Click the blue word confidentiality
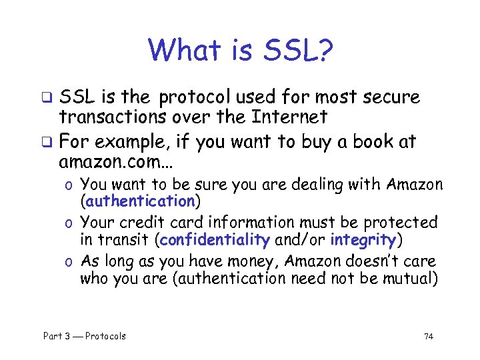[x=215, y=239]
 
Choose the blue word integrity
[x=363, y=239]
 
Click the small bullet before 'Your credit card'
[x=69, y=222]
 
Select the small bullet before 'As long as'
[x=69, y=261]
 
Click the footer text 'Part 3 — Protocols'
[x=84, y=336]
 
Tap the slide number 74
[x=428, y=336]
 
